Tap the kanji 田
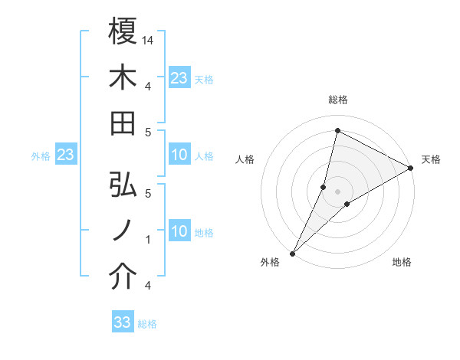[123, 123]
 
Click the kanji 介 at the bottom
[123, 277]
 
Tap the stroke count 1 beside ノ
[148, 240]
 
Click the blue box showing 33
[123, 322]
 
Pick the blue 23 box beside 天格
[179, 78]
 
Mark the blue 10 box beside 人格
[179, 155]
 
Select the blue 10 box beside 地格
[179, 232]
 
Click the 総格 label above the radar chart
[338, 100]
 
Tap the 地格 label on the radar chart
[402, 262]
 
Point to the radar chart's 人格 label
[245, 159]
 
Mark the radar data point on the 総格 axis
[337, 130]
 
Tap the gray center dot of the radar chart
[337, 191]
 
